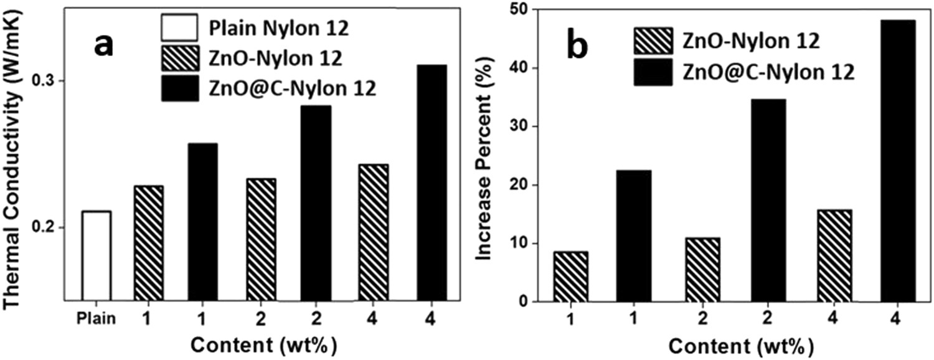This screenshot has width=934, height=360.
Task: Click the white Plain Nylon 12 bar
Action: pyautogui.click(x=97, y=255)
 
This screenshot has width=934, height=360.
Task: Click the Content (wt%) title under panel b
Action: pyautogui.click(x=721, y=344)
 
